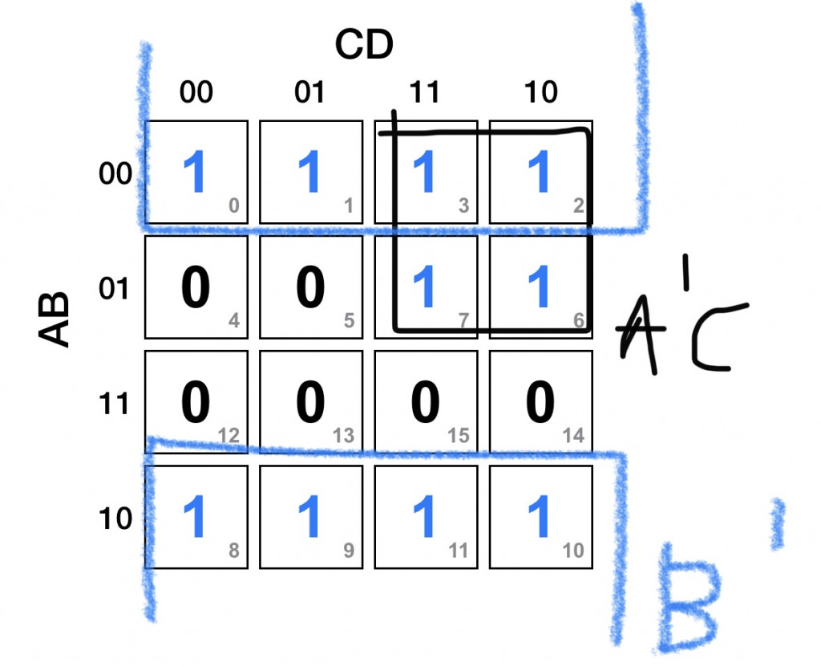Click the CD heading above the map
pos(365,47)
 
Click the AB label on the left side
pos(55,319)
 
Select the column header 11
pos(425,92)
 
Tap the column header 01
pos(310,92)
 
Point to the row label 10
pos(116,518)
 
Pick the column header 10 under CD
pos(540,92)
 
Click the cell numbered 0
pos(196,172)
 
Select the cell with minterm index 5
pos(310,287)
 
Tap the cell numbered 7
pos(425,287)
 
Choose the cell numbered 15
pos(425,402)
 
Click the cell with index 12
pos(196,402)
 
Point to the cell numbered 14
pos(540,402)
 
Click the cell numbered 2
pos(540,172)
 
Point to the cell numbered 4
pos(196,287)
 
